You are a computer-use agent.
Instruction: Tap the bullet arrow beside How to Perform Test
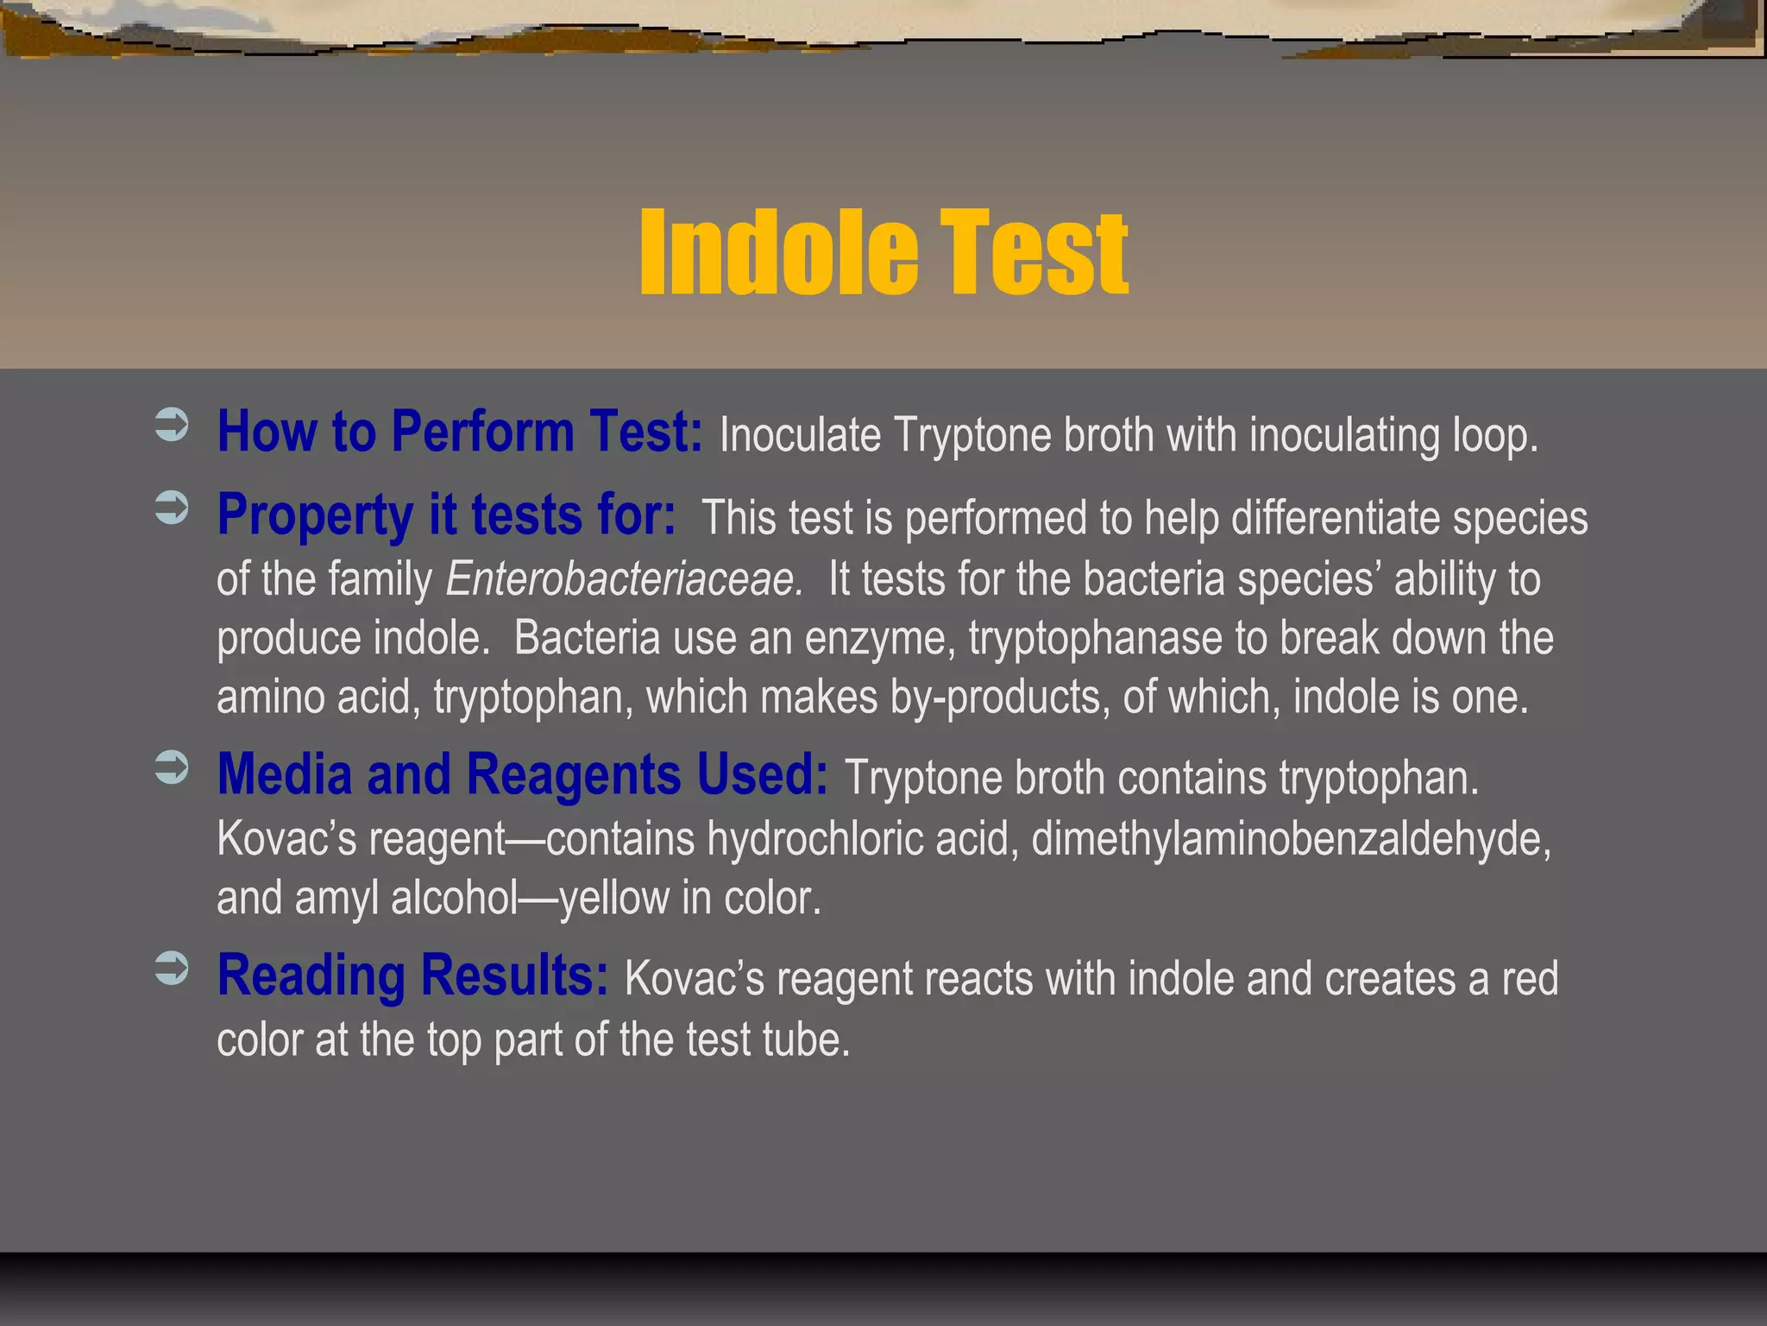tap(172, 426)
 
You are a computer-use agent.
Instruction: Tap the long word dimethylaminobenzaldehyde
tap(1291, 838)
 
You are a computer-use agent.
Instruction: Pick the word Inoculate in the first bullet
tap(800, 434)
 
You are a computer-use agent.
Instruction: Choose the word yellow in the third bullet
tap(613, 898)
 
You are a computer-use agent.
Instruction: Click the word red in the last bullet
tap(1530, 978)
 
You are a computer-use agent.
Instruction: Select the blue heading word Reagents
tap(574, 773)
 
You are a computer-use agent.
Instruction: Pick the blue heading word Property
tap(315, 515)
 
